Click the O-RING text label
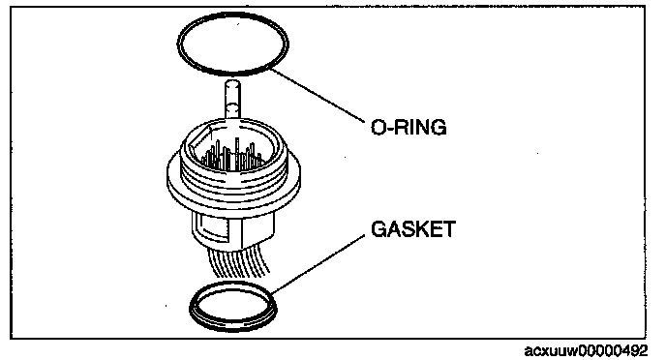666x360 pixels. (409, 127)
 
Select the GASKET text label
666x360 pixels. (413, 229)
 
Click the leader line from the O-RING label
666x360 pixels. (318, 96)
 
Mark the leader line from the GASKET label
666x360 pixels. (318, 264)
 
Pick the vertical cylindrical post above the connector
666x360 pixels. (232, 100)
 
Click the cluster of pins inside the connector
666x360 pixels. (232, 156)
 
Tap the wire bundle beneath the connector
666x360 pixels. (239, 260)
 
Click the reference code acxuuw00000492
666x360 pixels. (587, 351)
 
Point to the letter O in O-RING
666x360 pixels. (378, 127)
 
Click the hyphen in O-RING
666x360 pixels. (390, 128)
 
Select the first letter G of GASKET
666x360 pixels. (378, 229)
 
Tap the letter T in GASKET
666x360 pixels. (448, 229)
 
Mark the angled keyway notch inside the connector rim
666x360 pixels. (200, 136)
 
